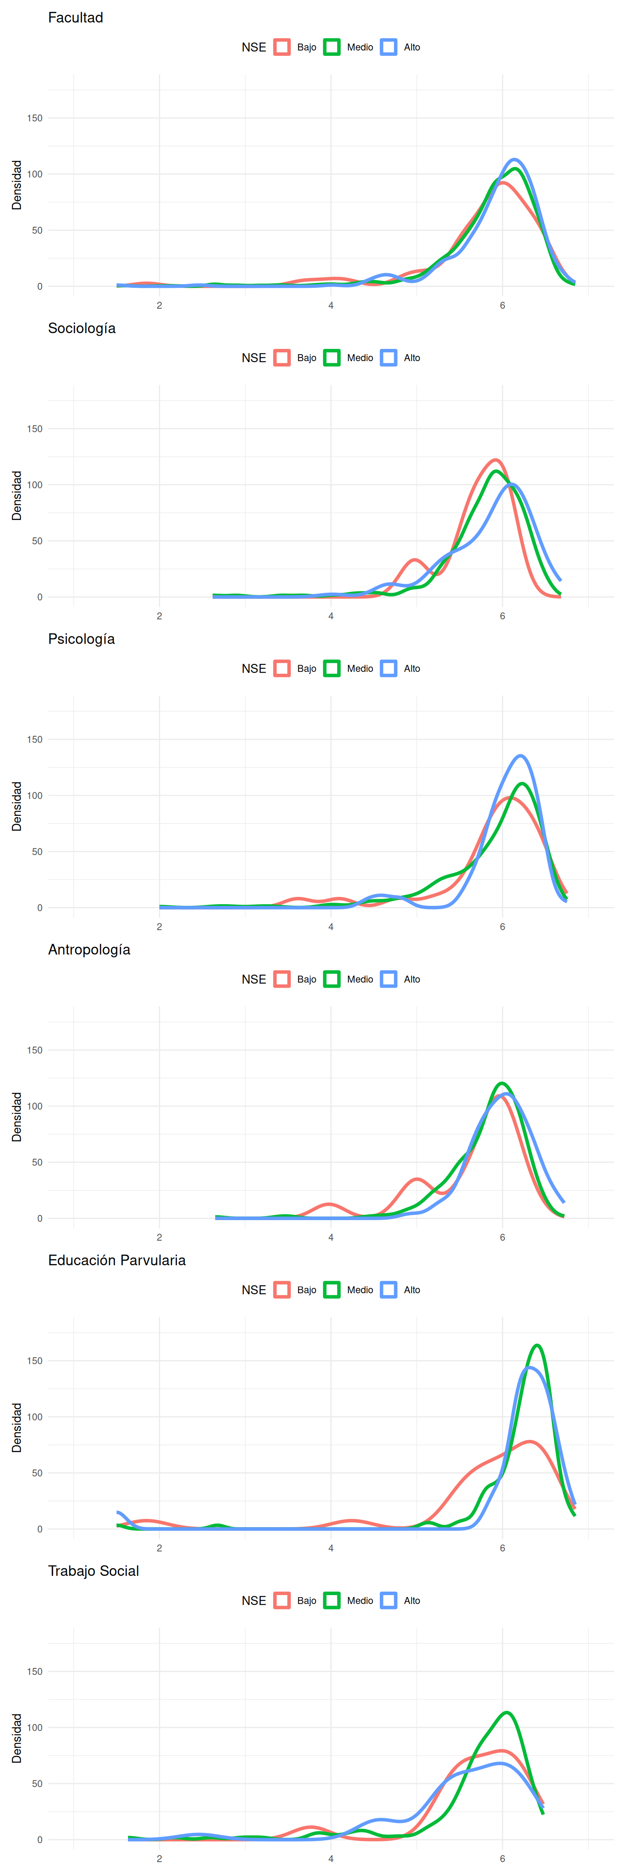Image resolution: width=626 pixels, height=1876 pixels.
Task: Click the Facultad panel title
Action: point(75,18)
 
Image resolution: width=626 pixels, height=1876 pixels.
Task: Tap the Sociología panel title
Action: point(82,329)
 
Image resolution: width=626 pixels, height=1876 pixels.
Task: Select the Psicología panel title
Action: point(81,639)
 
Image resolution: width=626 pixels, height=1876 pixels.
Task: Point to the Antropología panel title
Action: point(89,950)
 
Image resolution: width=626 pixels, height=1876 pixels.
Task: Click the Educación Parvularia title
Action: point(117,1260)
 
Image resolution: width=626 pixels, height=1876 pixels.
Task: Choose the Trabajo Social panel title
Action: point(93,1571)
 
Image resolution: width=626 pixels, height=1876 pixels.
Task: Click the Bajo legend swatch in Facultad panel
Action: point(282,47)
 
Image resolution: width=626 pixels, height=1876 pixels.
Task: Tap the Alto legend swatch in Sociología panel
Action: point(389,357)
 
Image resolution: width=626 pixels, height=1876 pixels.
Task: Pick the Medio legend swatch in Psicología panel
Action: point(332,668)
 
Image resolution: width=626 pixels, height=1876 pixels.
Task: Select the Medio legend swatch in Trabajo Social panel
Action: point(332,1601)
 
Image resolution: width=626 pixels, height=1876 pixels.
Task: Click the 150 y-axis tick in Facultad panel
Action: point(34,118)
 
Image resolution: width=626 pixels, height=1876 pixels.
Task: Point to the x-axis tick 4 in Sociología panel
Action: point(331,616)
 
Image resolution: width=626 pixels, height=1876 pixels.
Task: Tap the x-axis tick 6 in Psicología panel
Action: point(502,926)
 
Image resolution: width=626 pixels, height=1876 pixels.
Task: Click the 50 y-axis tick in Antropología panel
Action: point(36,1162)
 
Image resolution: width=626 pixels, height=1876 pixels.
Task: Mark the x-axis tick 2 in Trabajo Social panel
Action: point(160,1858)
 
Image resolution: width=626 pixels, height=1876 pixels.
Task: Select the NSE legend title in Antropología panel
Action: point(253,980)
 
